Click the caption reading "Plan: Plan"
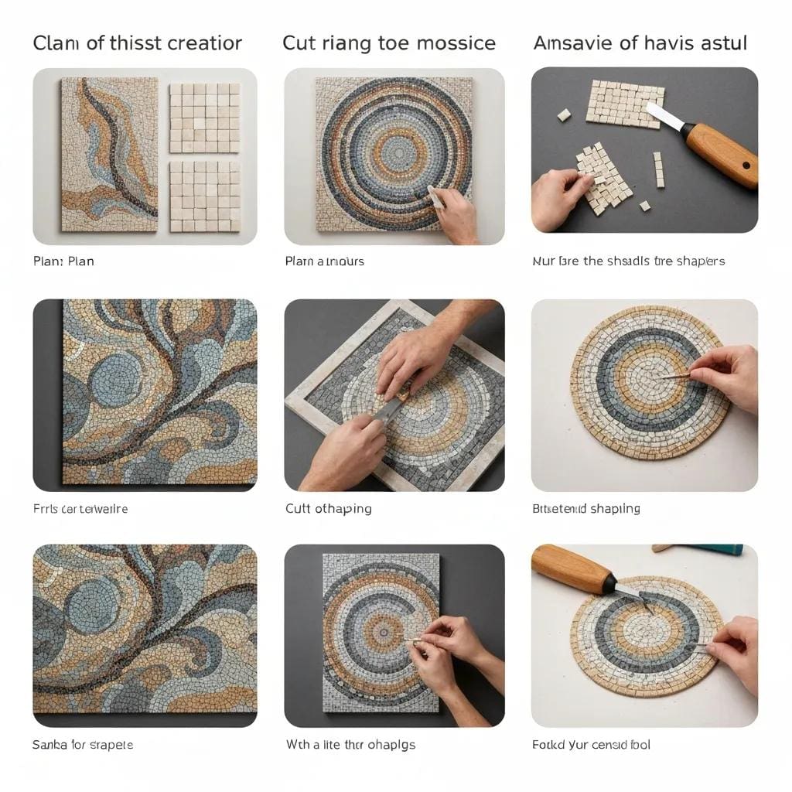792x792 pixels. click(63, 261)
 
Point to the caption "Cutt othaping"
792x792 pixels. click(328, 509)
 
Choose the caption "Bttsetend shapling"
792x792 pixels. click(585, 509)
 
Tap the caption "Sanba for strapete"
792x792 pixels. click(83, 745)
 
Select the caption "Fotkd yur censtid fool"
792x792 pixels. click(591, 745)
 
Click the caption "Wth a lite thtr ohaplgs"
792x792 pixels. click(350, 745)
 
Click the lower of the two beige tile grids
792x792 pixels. click(204, 196)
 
